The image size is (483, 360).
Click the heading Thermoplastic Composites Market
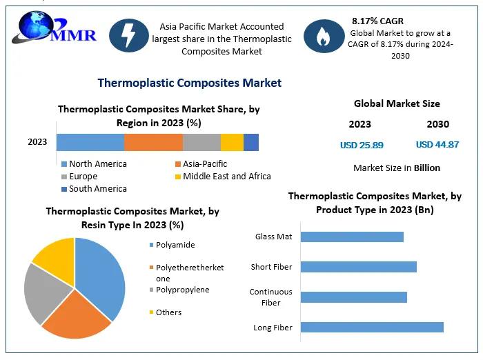[x=189, y=83]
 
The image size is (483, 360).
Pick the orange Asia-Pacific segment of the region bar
[x=153, y=142]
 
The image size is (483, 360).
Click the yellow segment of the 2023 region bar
[x=232, y=142]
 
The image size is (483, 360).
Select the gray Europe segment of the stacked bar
[x=201, y=142]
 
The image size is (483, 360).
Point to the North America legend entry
[x=97, y=164]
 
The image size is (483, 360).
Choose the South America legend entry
[x=97, y=189]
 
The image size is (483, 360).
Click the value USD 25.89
[x=362, y=146]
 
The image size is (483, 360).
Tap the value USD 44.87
[x=437, y=145]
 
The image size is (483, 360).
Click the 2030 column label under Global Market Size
[x=437, y=125]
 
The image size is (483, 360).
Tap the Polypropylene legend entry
[x=182, y=290]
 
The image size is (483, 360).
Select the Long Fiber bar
[x=372, y=328]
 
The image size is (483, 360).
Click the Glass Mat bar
[x=352, y=237]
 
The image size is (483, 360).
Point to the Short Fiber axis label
[x=271, y=267]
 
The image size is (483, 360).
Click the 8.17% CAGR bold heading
[x=377, y=21]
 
